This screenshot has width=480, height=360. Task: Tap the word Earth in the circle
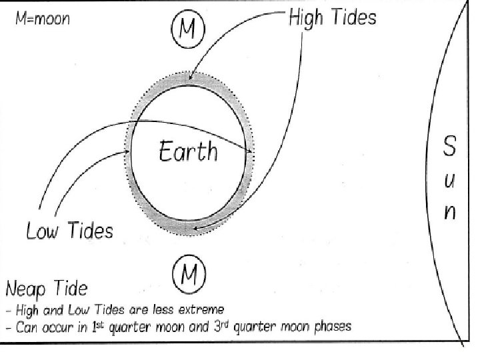point(188,151)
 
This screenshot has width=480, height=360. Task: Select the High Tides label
point(332,17)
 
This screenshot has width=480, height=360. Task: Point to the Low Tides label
point(70,231)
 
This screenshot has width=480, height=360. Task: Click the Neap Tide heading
point(47,289)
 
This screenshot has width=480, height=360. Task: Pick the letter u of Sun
point(450,181)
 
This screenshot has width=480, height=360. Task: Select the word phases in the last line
point(331,327)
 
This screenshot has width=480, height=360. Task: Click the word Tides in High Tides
point(353,17)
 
